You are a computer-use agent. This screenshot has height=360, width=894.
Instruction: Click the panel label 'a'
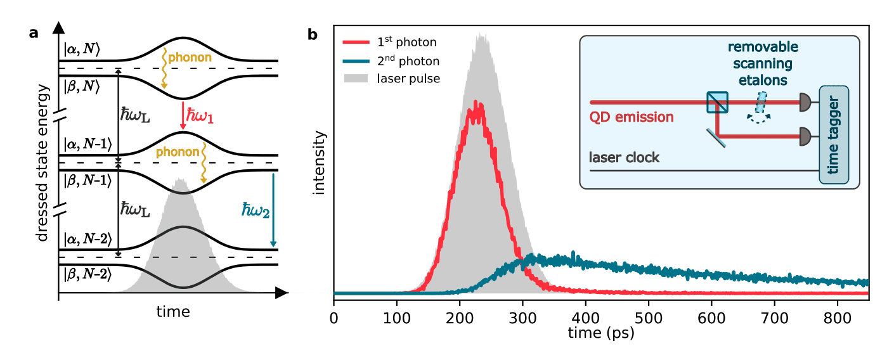tap(34, 34)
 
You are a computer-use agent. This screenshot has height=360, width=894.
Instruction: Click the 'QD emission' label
tap(631, 117)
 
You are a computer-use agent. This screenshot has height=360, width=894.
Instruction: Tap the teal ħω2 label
tap(256, 210)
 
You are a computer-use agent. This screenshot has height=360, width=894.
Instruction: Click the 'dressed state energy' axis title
tap(42, 163)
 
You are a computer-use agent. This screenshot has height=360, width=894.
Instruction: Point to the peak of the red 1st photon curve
tap(474, 103)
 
